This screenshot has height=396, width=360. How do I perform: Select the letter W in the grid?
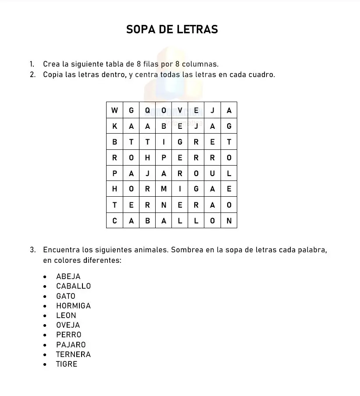pos(114,110)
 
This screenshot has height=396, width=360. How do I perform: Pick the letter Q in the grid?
pos(147,110)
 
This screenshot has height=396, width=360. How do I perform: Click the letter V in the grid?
pos(180,110)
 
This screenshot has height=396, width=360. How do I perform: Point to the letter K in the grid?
pos(114,126)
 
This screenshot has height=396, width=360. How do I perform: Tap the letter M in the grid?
pos(164,189)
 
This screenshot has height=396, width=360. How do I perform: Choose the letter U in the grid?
pos(213,173)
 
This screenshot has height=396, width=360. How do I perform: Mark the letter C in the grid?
pos(114,221)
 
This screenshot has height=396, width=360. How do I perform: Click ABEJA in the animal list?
pos(68,276)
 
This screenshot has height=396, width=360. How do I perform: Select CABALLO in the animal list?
pos(73,286)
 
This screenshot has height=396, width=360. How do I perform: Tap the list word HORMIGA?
pos(73,306)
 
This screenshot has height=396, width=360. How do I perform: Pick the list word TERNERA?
pos(73,354)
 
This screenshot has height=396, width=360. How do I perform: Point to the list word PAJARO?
pos(71,345)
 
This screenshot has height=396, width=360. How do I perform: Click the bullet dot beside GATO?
pos(45,296)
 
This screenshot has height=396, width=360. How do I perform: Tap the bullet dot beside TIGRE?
pos(45,364)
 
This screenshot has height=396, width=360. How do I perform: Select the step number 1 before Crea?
pos(32,64)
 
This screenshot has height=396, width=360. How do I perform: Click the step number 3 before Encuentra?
pos(32,250)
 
